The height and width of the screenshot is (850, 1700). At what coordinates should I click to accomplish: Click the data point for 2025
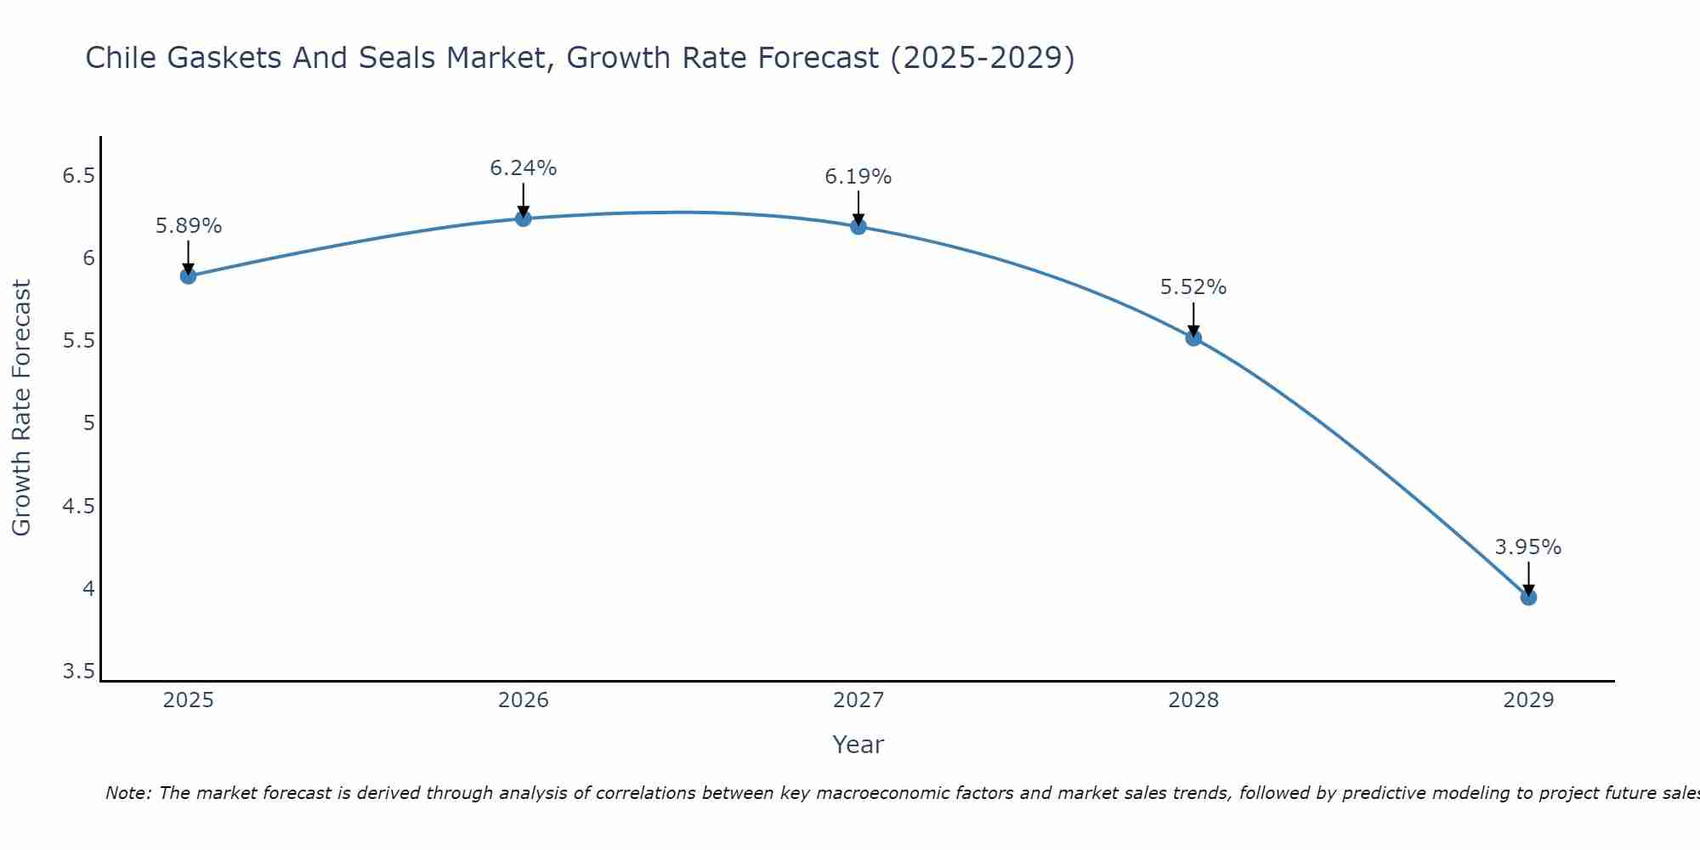pos(189,276)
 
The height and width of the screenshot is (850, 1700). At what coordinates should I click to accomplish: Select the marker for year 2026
pos(524,218)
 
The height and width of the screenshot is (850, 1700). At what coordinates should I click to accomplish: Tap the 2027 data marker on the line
pos(858,226)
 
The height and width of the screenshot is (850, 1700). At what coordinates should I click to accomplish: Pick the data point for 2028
pos(1193,338)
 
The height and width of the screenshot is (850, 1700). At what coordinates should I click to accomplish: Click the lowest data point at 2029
pos(1528,598)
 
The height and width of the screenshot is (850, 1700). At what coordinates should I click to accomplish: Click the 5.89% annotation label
pos(189,226)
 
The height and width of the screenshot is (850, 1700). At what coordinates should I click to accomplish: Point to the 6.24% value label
pos(524,168)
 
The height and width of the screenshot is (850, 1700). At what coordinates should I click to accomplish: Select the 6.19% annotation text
pos(858,177)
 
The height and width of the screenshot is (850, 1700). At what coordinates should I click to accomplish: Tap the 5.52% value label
pos(1193,287)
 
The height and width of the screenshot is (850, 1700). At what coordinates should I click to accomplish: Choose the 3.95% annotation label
pos(1528,547)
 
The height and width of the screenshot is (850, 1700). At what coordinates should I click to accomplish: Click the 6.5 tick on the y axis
pos(78,176)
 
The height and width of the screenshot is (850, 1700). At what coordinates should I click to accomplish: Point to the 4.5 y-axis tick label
pos(78,507)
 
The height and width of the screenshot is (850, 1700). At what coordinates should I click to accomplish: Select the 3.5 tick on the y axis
pos(78,671)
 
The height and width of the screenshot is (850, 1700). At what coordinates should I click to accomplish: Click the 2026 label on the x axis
pos(524,700)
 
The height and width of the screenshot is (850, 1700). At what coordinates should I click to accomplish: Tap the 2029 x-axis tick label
pos(1528,700)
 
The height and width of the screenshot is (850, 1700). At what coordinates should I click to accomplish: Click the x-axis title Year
pos(858,745)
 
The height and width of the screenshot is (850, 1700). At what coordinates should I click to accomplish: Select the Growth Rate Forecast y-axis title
pos(21,408)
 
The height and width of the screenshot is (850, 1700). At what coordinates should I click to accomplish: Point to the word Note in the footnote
pos(127,793)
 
